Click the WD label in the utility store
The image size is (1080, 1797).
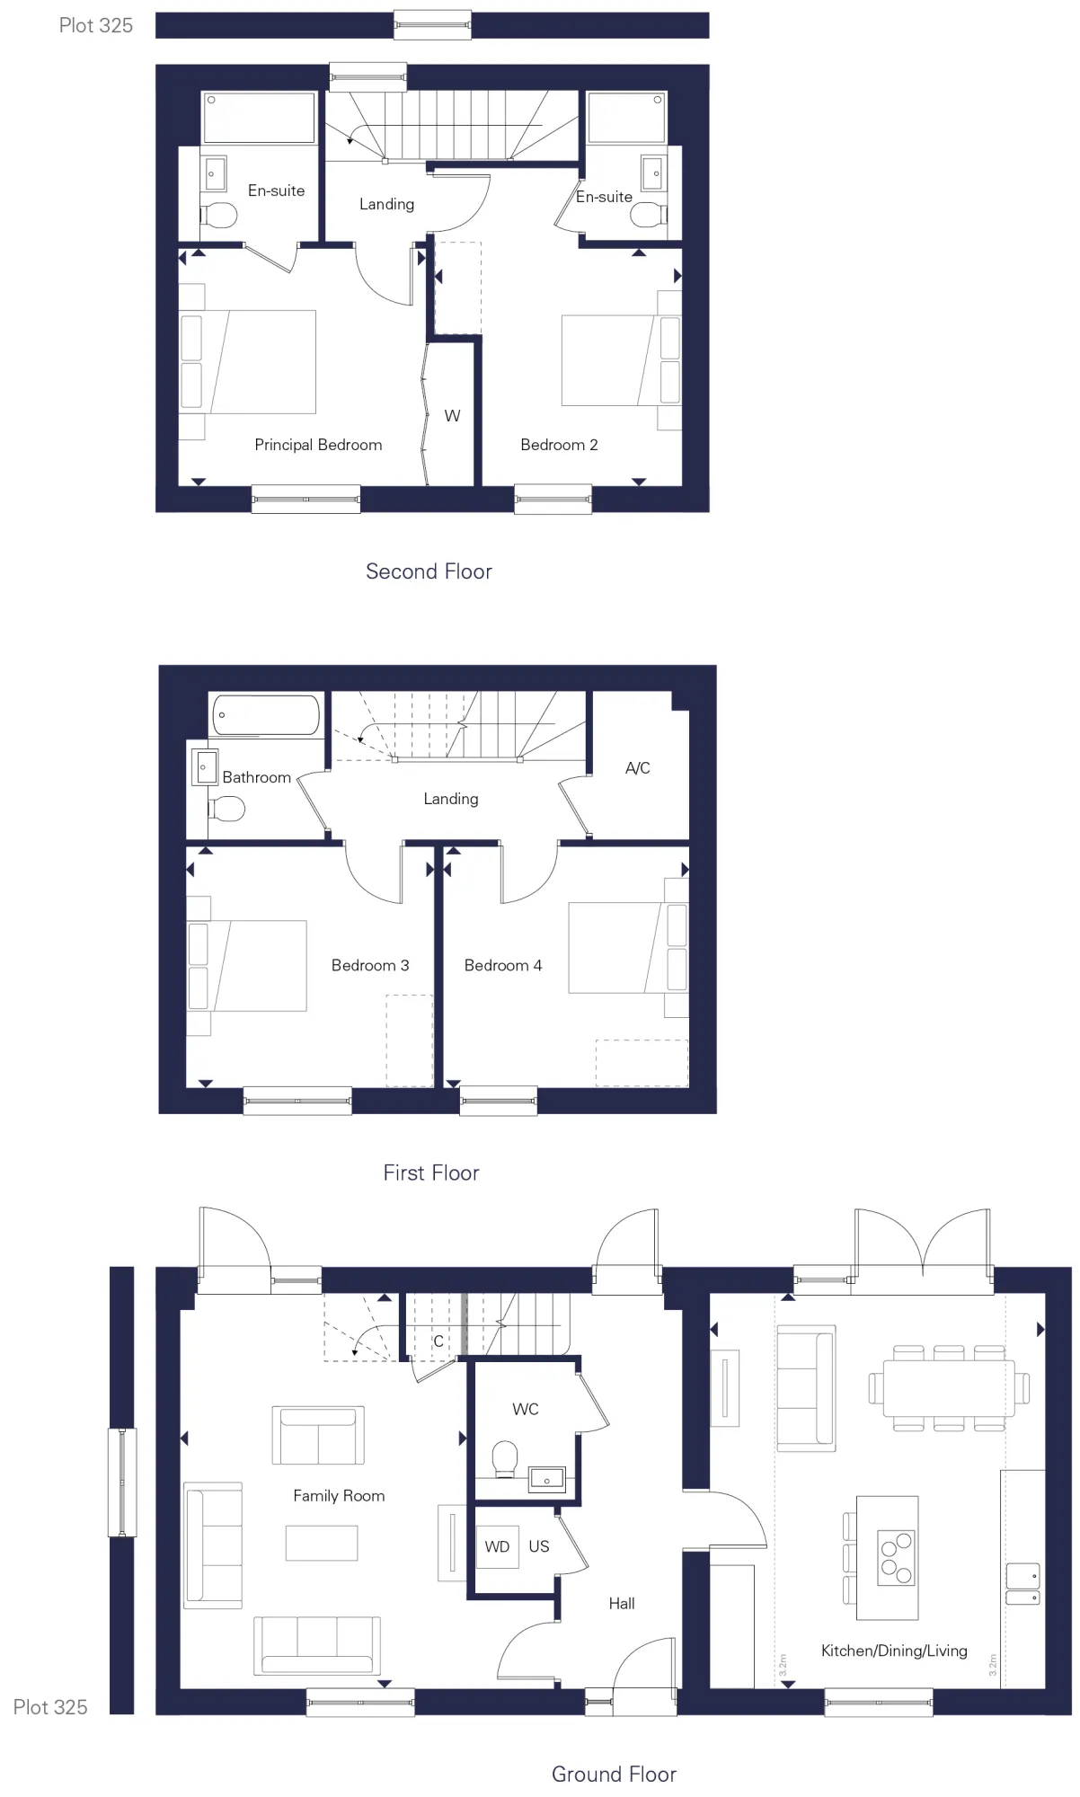pyautogui.click(x=497, y=1546)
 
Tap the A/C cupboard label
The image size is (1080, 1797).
pyautogui.click(x=637, y=768)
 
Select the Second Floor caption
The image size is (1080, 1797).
pyautogui.click(x=429, y=571)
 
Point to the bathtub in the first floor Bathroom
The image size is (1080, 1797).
pyautogui.click(x=266, y=715)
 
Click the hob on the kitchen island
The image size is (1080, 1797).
pyautogui.click(x=896, y=1557)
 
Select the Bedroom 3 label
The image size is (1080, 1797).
pyautogui.click(x=369, y=965)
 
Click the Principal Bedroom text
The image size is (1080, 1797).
pyautogui.click(x=318, y=445)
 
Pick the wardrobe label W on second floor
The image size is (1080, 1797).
pyautogui.click(x=452, y=416)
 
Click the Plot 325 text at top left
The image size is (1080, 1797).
pyautogui.click(x=95, y=25)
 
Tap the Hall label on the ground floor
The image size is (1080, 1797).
pyautogui.click(x=621, y=1603)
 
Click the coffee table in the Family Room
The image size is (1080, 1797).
pyautogui.click(x=322, y=1543)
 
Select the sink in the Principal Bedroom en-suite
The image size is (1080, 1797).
pyautogui.click(x=216, y=173)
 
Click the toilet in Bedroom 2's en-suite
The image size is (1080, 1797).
pyautogui.click(x=648, y=215)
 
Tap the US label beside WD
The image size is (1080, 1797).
pyautogui.click(x=539, y=1546)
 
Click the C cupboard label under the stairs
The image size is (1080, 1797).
pyautogui.click(x=438, y=1341)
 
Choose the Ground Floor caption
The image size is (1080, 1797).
pyautogui.click(x=614, y=1774)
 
